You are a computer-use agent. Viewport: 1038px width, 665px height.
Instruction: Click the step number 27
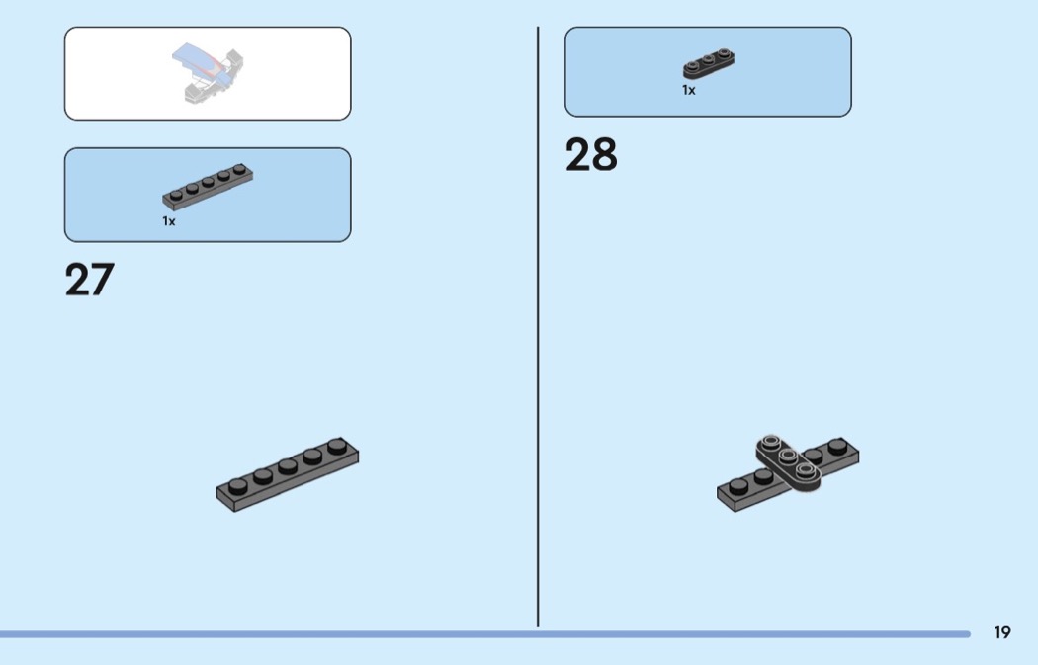89,280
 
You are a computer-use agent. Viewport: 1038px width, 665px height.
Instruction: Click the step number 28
591,155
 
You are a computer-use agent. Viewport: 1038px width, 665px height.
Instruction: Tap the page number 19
1002,632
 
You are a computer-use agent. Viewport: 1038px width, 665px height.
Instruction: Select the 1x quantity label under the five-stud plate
169,221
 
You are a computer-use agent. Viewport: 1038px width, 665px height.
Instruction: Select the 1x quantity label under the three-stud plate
689,90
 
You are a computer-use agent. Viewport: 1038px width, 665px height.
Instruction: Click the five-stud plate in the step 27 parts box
210,186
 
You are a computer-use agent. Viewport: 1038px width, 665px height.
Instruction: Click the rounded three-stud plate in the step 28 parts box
708,64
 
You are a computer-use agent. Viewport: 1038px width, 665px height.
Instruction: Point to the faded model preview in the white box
208,74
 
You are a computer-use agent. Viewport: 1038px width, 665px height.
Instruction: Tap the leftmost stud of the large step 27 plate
237,484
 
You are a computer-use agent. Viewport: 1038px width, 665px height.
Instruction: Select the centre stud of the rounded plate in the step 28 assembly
788,456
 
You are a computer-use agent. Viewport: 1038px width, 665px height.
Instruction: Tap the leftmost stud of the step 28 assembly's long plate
737,484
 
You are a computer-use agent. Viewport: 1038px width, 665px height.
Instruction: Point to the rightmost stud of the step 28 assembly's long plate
838,446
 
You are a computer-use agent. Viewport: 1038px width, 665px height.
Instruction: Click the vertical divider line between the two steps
538,326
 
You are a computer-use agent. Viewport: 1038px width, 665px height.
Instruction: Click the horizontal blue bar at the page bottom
484,633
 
